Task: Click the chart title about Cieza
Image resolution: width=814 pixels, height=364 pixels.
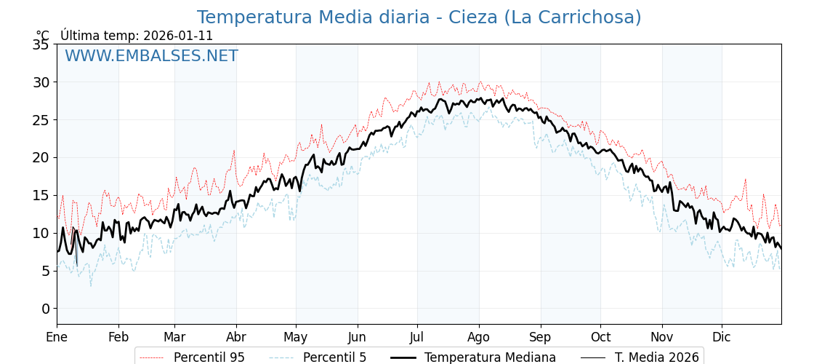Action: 419,17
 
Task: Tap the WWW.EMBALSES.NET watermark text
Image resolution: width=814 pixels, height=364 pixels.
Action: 151,56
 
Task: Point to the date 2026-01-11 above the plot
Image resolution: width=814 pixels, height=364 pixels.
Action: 178,36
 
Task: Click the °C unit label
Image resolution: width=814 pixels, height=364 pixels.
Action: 43,36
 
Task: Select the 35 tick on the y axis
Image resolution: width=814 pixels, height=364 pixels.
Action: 41,44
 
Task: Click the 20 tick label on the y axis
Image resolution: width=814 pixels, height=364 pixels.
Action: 41,157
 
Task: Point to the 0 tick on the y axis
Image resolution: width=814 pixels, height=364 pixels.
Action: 45,309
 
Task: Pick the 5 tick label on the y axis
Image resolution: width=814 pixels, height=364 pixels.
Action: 45,271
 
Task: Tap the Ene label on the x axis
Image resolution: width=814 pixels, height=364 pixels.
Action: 57,337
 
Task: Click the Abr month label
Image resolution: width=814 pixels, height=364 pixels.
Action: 236,337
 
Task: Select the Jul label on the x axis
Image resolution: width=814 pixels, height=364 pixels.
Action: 417,337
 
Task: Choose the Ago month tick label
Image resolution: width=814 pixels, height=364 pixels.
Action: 479,337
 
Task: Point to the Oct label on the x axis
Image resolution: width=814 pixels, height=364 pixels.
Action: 600,337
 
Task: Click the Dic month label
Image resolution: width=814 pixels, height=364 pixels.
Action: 722,337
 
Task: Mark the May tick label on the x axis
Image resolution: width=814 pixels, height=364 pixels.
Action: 296,337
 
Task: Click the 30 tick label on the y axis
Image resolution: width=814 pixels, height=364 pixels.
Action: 41,82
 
